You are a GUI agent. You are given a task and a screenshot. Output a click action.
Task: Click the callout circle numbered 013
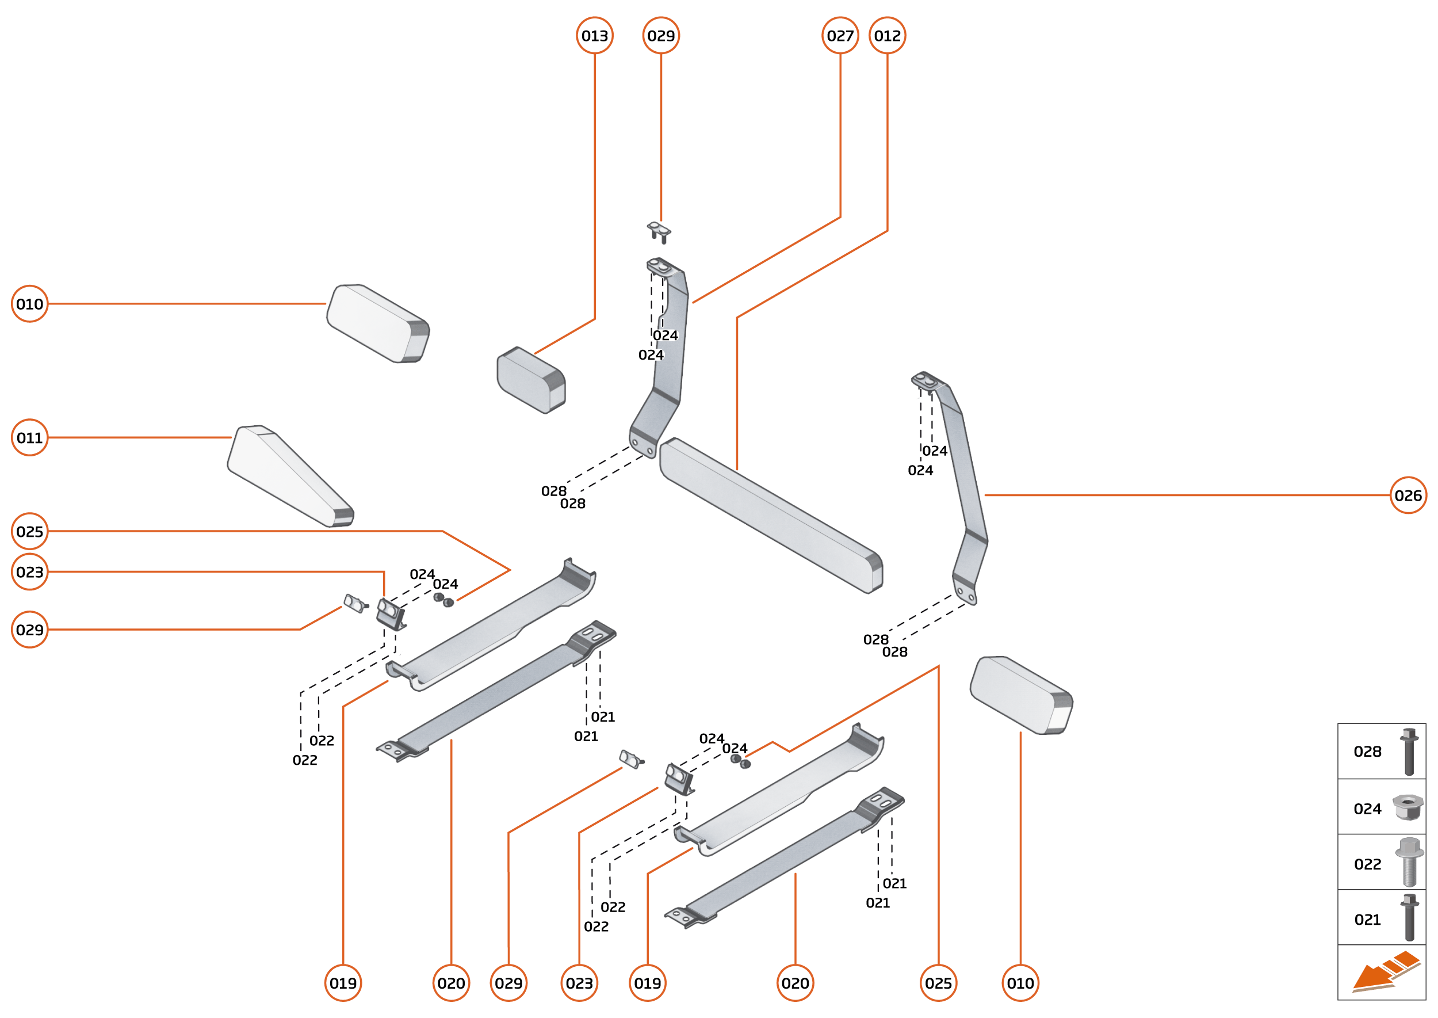tap(594, 36)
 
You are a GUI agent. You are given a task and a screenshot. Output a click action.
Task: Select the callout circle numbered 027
tap(840, 36)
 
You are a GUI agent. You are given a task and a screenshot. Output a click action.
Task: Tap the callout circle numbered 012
tap(886, 36)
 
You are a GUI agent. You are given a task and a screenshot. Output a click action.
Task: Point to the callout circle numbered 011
tap(29, 437)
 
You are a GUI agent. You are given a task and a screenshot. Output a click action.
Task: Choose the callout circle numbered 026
tap(1408, 495)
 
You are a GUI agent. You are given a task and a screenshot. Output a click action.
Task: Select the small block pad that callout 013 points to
tap(530, 380)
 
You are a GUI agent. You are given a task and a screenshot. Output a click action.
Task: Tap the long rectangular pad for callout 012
tap(771, 514)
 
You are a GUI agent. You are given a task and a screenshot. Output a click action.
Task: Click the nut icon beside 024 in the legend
tap(1408, 807)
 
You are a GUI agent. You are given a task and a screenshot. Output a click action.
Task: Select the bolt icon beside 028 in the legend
tap(1409, 752)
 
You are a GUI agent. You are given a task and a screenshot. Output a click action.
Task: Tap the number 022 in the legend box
tap(1367, 864)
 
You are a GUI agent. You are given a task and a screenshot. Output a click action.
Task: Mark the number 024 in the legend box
tap(1367, 809)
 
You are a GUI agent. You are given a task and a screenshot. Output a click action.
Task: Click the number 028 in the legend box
tap(1367, 752)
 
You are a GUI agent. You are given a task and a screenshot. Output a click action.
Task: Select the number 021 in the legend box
tap(1367, 920)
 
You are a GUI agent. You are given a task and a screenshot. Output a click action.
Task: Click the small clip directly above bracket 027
tap(659, 231)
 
